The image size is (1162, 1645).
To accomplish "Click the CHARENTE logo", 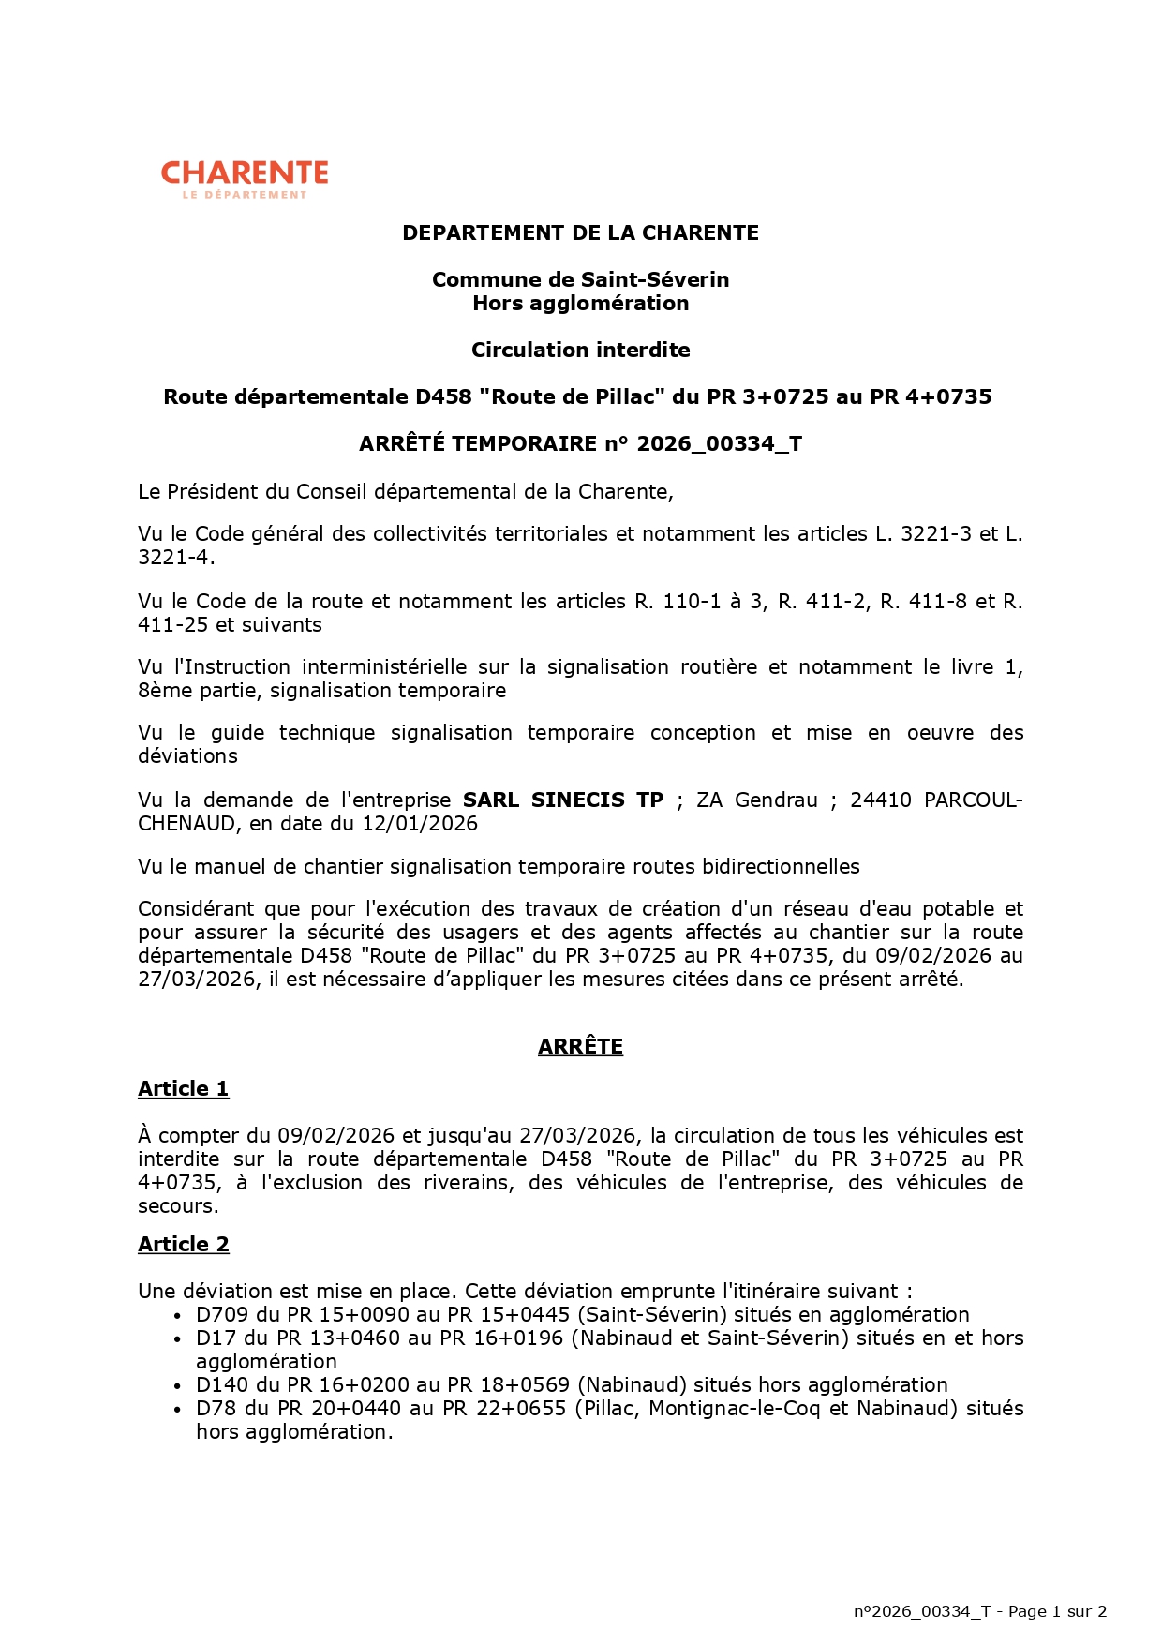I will click(x=245, y=178).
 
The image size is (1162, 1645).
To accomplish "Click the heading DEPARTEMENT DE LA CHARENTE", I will click(x=580, y=232).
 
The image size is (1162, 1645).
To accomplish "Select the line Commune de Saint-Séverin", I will click(x=580, y=279).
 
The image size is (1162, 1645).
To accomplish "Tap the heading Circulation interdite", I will click(x=580, y=350).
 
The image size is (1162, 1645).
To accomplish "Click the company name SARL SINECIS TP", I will click(x=562, y=800).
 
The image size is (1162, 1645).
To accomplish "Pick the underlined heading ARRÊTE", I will click(x=580, y=1046).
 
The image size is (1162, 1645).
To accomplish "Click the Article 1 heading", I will click(x=183, y=1088).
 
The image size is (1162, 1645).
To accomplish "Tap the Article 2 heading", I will click(x=183, y=1244).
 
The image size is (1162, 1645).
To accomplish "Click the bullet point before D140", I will click(x=177, y=1385).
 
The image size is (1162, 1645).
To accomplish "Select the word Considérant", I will click(x=194, y=908).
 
